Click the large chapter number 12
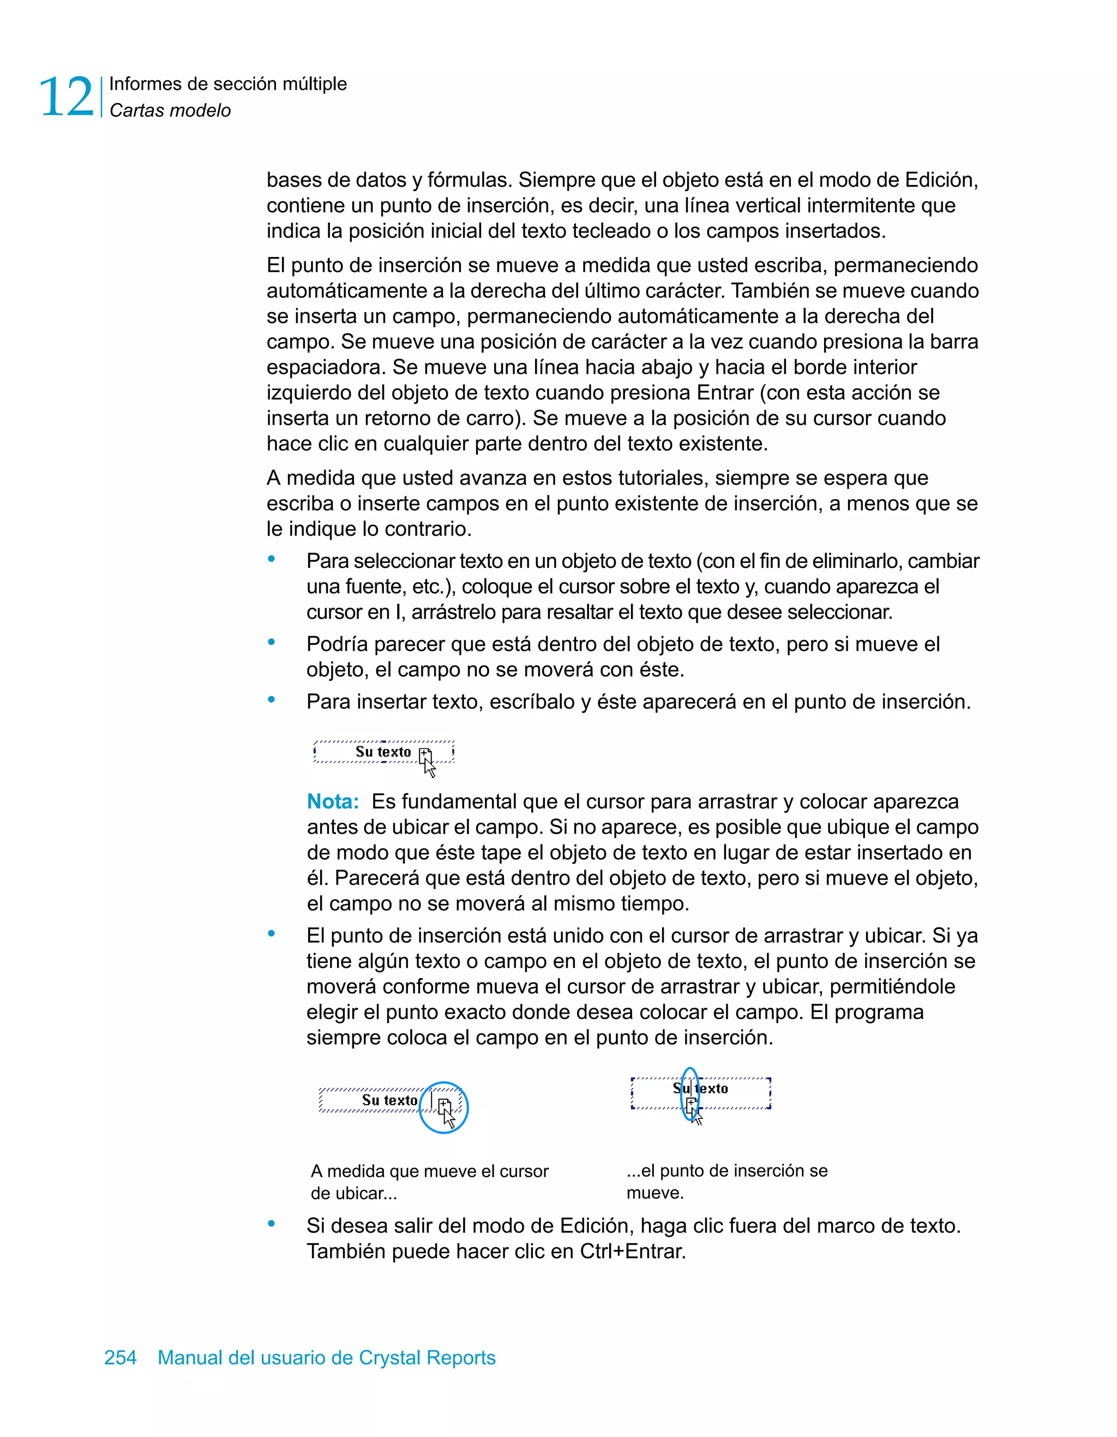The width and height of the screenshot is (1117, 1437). (66, 97)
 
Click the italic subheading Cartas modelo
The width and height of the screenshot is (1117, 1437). (170, 111)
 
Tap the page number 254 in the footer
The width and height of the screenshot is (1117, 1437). (121, 1357)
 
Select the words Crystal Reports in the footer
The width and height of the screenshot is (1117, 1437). (427, 1357)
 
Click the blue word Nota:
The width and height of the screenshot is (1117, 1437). (333, 801)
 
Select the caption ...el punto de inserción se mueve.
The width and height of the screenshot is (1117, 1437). (726, 1181)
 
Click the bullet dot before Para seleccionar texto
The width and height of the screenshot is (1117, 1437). (271, 559)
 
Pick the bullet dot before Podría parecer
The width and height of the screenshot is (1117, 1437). (271, 642)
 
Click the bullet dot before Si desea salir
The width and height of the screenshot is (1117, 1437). (271, 1224)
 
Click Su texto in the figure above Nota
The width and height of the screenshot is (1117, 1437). (383, 751)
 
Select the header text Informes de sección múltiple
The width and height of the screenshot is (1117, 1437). (227, 83)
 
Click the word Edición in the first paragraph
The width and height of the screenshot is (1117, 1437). (941, 179)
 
